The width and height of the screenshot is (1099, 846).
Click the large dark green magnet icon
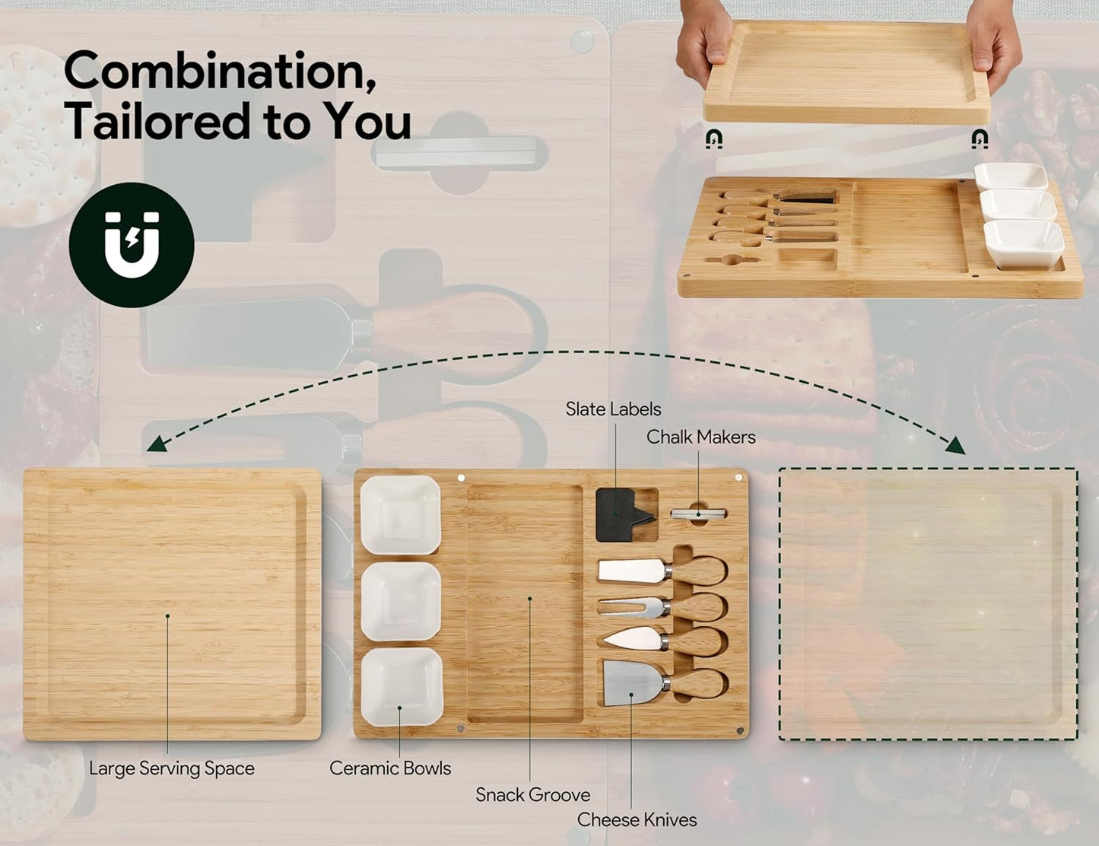(132, 245)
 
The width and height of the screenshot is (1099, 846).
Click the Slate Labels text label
(613, 409)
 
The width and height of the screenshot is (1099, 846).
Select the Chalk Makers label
(701, 437)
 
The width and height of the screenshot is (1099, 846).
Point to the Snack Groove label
(533, 794)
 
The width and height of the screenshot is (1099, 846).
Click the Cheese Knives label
(637, 819)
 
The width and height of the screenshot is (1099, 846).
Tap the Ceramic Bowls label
(390, 768)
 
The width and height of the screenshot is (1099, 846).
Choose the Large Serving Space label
(172, 768)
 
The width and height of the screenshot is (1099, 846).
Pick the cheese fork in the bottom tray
(662, 607)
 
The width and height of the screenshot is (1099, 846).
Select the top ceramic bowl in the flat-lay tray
(400, 514)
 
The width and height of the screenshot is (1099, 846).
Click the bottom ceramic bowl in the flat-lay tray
(402, 687)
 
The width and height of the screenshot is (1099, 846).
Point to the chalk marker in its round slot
(698, 514)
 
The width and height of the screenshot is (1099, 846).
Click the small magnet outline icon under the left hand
(713, 138)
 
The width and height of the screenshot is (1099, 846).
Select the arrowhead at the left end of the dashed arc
(157, 444)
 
